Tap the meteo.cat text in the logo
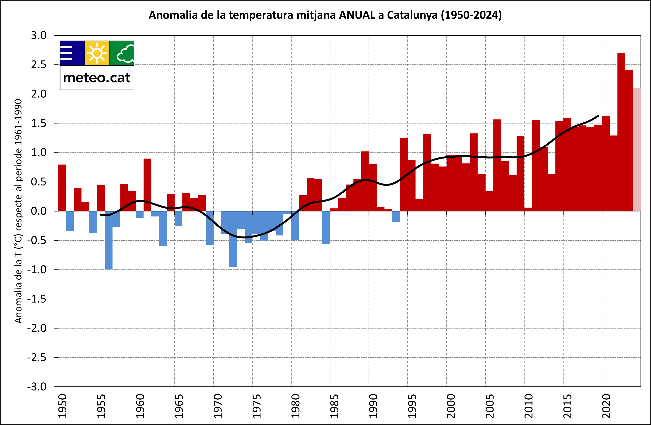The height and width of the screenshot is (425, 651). (97, 78)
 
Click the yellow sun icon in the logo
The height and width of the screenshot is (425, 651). (97, 53)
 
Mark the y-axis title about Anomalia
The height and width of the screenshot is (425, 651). (18, 211)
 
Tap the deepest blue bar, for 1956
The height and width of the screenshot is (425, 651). (109, 240)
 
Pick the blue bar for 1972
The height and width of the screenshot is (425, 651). (233, 239)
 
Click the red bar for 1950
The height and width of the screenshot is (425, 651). (62, 188)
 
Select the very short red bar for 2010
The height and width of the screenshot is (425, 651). (528, 209)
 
